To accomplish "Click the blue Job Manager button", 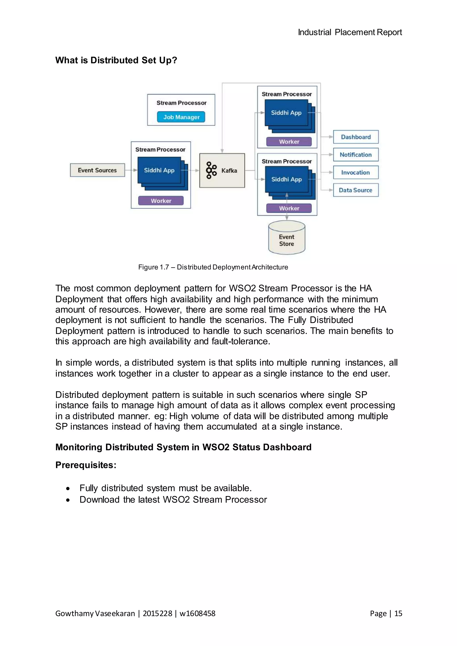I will [x=181, y=117].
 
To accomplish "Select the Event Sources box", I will [x=97, y=170].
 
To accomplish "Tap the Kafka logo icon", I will [x=211, y=170].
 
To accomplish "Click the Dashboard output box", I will [x=356, y=137].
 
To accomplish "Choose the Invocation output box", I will [x=356, y=172].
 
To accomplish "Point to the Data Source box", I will [x=356, y=190].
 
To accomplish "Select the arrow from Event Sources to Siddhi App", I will [x=131, y=170].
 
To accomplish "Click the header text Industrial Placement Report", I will [x=350, y=32].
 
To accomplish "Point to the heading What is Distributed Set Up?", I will [x=116, y=60].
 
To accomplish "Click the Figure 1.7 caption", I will [x=213, y=267].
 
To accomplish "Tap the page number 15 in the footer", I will [x=398, y=613].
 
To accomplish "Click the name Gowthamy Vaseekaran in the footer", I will [x=95, y=613].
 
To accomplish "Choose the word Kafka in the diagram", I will [x=229, y=170].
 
